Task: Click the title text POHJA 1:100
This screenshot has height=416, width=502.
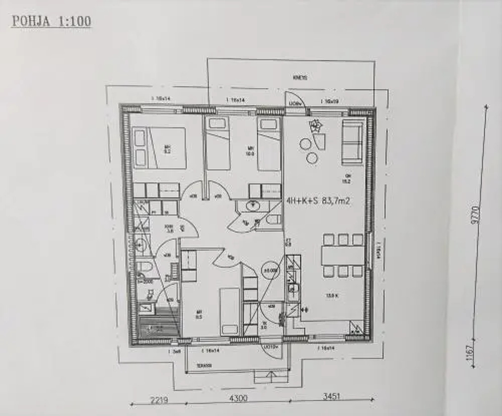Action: [x=52, y=21]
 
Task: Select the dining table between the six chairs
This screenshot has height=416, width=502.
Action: [x=342, y=255]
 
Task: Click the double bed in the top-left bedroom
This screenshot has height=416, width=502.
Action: [x=159, y=148]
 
